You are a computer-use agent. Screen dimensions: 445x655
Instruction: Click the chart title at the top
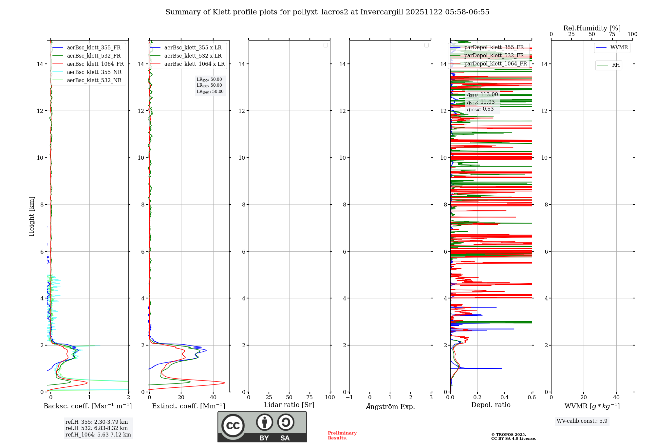327,12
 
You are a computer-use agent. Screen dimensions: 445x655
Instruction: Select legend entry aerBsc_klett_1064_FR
95,64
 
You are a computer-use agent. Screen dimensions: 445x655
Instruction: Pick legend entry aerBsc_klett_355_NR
94,72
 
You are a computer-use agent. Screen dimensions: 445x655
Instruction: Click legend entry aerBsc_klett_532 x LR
193,56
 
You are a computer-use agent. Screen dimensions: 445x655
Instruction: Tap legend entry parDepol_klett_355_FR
494,47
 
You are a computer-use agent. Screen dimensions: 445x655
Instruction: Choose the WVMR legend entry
619,47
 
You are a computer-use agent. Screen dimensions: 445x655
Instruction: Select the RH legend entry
615,65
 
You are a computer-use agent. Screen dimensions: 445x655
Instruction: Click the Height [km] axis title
31,216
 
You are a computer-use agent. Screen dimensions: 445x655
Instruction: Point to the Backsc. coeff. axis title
87,406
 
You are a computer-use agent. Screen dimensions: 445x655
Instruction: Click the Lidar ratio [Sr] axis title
289,405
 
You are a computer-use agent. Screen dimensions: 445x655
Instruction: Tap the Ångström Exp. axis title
390,406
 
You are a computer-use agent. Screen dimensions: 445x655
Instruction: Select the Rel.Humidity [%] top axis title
592,28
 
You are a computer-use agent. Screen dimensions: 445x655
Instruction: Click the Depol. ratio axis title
491,405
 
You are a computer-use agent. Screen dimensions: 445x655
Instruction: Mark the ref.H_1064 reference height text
98,435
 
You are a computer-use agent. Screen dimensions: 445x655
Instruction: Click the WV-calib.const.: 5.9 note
582,421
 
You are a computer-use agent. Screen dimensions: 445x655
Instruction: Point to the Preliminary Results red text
342,436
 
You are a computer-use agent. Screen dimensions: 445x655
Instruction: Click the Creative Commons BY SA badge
262,427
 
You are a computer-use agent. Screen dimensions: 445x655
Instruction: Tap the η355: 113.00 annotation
482,95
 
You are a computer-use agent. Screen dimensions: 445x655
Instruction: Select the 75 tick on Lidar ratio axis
309,398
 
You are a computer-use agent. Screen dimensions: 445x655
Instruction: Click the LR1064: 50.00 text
210,92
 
